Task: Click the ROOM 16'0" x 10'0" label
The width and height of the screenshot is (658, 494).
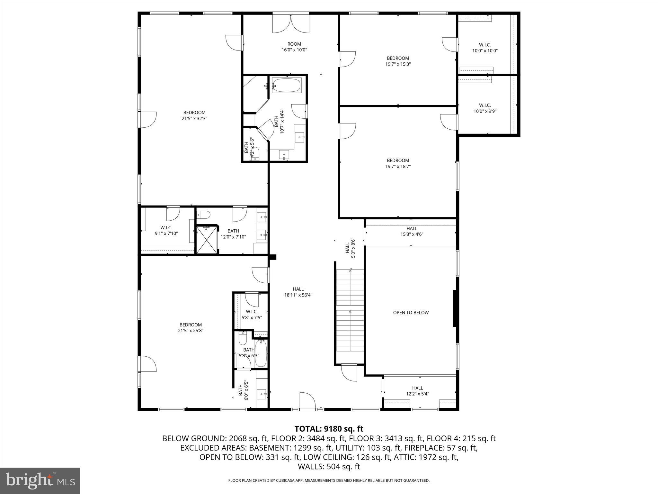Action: [294, 47]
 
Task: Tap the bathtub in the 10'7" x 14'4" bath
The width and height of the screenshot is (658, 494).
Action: [286, 86]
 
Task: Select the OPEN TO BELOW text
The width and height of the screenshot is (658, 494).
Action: [411, 313]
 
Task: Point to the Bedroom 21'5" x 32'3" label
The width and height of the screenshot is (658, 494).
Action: [194, 115]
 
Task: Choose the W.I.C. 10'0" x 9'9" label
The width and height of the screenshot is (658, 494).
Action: [485, 108]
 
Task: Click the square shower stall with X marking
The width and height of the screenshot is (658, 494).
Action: [207, 240]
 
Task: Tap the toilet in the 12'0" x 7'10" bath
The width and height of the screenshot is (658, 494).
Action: [203, 214]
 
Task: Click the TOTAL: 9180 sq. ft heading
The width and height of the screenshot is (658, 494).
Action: [329, 429]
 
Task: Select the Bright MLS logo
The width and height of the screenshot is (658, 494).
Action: [40, 480]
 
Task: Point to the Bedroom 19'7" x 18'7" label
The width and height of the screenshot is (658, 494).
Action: [398, 163]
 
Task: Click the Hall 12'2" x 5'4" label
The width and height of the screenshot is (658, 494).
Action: [417, 391]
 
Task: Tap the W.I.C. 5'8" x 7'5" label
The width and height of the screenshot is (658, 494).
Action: [252, 315]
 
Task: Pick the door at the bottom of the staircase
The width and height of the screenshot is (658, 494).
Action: [349, 372]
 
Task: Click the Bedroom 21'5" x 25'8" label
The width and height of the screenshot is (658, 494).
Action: [191, 328]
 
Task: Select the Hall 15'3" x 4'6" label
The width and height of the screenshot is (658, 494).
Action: [411, 232]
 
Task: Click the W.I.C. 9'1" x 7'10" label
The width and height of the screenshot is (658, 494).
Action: [166, 231]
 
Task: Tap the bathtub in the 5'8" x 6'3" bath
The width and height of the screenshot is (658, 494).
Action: [261, 354]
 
